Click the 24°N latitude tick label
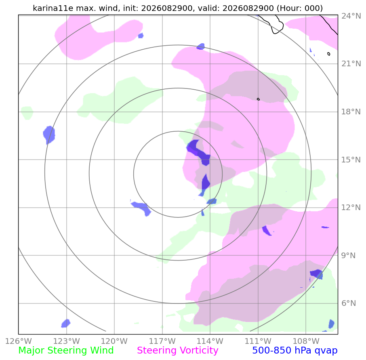pos(351,16)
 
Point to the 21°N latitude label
pos(351,64)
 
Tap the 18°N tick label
pos(351,112)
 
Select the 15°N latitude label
pos(351,160)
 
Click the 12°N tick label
pos(351,208)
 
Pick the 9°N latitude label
pos(349,255)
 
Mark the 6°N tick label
pos(349,303)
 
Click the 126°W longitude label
pos(19,341)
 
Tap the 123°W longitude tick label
pos(67,341)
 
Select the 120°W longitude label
pos(114,341)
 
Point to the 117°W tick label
pos(162,341)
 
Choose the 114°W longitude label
pos(210,341)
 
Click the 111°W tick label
pos(258,341)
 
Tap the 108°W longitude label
pos(306,341)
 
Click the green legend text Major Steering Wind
pos(66,351)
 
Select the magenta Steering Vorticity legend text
pos(178,351)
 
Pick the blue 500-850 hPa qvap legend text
pos(295,351)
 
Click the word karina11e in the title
pos(53,8)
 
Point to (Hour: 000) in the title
pos(300,8)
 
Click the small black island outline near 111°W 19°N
pos(258,99)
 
